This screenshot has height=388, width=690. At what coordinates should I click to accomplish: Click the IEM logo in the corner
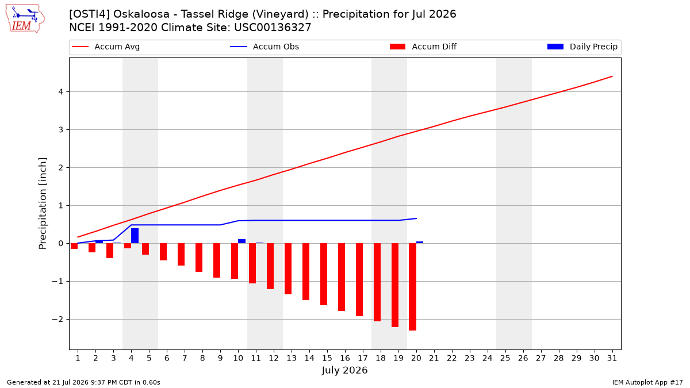[25, 19]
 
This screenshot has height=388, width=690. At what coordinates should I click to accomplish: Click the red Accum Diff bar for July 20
[413, 287]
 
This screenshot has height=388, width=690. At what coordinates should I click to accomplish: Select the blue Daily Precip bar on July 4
[135, 236]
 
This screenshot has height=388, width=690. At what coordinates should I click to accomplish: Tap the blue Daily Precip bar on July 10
[242, 241]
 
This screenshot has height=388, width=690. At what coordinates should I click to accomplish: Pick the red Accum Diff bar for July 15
[324, 274]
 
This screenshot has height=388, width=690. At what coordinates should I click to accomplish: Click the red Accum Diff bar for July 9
[217, 260]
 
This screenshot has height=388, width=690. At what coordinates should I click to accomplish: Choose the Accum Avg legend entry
[106, 47]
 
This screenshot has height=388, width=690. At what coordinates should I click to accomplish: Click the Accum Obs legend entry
[264, 47]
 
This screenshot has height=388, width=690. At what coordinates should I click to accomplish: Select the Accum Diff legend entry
[423, 47]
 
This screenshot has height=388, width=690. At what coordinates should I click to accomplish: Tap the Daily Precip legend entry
[582, 47]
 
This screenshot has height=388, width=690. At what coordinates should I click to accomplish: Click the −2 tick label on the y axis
[57, 320]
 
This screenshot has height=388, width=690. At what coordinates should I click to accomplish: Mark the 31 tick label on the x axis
[612, 358]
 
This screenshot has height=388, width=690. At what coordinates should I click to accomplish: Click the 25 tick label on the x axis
[505, 358]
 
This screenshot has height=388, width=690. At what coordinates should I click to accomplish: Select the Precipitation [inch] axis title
[43, 203]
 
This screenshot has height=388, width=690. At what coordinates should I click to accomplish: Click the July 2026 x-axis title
[344, 370]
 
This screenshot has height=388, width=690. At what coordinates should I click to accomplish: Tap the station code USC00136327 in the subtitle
[273, 28]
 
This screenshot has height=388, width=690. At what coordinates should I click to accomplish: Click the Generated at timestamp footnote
[83, 382]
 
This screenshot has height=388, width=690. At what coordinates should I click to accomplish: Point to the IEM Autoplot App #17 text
[647, 382]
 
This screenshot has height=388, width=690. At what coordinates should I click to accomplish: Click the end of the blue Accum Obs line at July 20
[416, 218]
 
